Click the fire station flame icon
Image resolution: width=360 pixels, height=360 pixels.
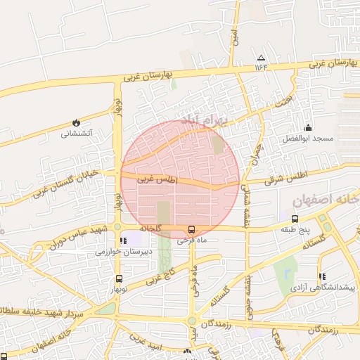(75, 122)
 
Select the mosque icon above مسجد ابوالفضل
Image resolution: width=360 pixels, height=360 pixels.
(308, 127)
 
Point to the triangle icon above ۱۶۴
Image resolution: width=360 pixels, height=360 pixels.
(262, 58)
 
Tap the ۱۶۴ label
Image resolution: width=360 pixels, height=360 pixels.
(262, 67)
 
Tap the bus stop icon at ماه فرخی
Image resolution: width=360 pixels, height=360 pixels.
(191, 229)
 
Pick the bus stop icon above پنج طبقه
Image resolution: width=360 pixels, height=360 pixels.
(295, 219)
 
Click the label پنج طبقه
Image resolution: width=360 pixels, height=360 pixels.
(295, 229)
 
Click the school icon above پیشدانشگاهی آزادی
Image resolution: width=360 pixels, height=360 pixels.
(322, 277)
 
